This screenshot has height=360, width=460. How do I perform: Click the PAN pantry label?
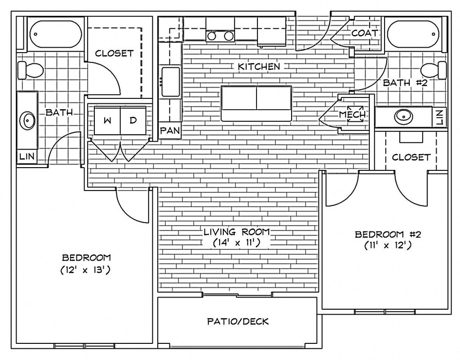pos(170,131)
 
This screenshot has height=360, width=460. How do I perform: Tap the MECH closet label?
pos(353,115)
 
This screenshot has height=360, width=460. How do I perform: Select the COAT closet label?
pos(364,33)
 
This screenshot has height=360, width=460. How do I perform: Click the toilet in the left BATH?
pos(29,70)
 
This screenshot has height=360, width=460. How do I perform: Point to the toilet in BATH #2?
pos(433,70)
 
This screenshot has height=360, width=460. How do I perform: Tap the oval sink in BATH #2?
pos(403,117)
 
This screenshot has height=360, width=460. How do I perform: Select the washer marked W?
pos(108,120)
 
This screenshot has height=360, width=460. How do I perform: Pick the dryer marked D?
pos(133,120)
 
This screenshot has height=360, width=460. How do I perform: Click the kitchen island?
pos(256,103)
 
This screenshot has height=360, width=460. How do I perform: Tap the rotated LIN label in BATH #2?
pos(439,117)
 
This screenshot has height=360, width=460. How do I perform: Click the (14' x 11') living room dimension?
pos(237,243)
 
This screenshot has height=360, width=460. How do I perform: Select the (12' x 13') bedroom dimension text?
pos(86,271)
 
